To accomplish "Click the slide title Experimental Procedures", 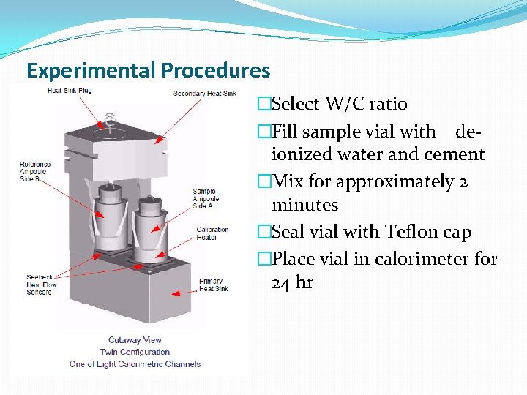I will (x=148, y=71).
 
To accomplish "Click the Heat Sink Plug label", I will (x=69, y=91).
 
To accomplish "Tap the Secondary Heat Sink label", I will (x=204, y=94).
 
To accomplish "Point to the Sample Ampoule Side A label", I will (x=206, y=199).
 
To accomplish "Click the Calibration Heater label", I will (x=212, y=233).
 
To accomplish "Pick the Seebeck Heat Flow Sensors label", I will (x=40, y=285).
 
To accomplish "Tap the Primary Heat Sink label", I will (x=213, y=285).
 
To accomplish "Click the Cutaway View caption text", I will (x=135, y=340).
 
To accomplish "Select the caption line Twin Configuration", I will (x=135, y=352).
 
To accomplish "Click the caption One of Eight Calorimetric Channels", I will (x=135, y=364).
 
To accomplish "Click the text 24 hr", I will (x=292, y=282).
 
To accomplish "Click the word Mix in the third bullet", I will (x=288, y=181).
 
